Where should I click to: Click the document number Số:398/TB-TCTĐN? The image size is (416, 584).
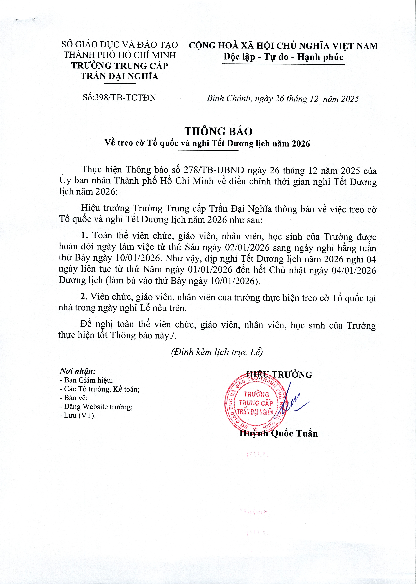[x=119, y=98]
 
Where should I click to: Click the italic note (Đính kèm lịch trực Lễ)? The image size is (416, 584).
[x=217, y=352]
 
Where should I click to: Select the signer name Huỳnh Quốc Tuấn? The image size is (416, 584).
[x=278, y=433]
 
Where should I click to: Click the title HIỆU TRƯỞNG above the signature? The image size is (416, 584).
[x=279, y=375]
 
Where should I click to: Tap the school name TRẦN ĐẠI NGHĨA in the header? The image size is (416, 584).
[x=119, y=76]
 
